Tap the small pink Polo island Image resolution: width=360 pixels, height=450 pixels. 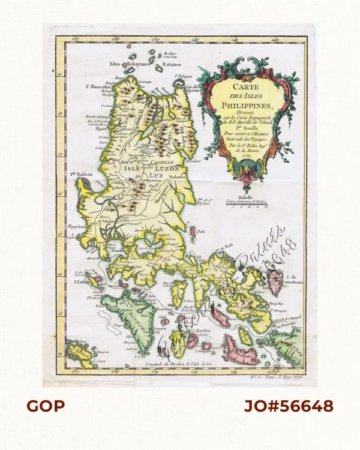coord(193,231)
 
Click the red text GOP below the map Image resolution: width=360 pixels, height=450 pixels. coord(46,406)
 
